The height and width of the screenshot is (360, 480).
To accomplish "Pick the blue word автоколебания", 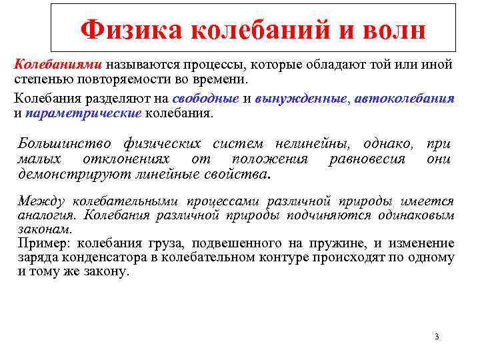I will pos(405,99).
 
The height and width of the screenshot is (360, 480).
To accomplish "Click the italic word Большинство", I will pos(66,145).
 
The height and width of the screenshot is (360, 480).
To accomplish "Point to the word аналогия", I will pos(47,215).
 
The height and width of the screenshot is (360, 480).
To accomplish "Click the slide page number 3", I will pos(436,337).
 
